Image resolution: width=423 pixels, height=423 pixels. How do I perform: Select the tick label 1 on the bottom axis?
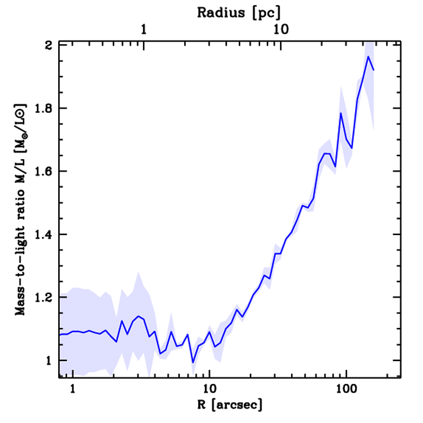tap(73, 389)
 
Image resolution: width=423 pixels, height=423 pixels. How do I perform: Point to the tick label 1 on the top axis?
tap(144, 30)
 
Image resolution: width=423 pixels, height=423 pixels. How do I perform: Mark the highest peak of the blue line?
tap(368, 57)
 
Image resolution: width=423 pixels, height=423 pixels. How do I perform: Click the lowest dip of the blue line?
tap(192, 363)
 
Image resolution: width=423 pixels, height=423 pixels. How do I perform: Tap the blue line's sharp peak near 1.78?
tap(341, 113)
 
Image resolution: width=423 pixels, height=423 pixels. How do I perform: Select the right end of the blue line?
tap(374, 70)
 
